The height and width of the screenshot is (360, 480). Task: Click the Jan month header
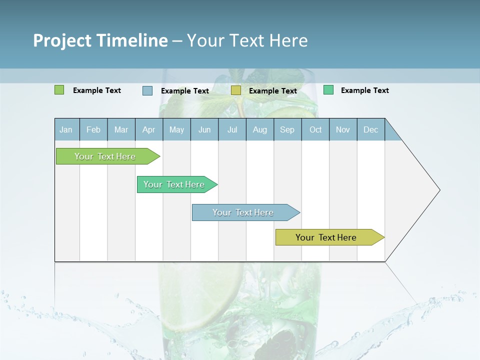click(66, 129)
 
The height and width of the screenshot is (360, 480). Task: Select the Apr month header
click(148, 129)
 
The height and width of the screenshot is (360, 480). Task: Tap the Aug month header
click(259, 129)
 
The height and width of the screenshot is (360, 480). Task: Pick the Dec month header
click(370, 129)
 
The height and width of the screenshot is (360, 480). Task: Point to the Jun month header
click(204, 129)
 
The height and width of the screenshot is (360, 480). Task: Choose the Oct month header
click(315, 129)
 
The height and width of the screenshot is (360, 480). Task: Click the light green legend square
click(59, 90)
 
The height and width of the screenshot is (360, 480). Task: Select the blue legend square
click(147, 90)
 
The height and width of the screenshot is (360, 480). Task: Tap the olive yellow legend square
click(236, 90)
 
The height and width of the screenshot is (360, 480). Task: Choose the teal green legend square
click(328, 90)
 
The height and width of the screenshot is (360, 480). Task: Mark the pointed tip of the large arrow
click(439, 190)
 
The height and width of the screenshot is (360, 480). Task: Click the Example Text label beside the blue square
click(184, 91)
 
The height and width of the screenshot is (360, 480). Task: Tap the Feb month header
click(93, 129)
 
